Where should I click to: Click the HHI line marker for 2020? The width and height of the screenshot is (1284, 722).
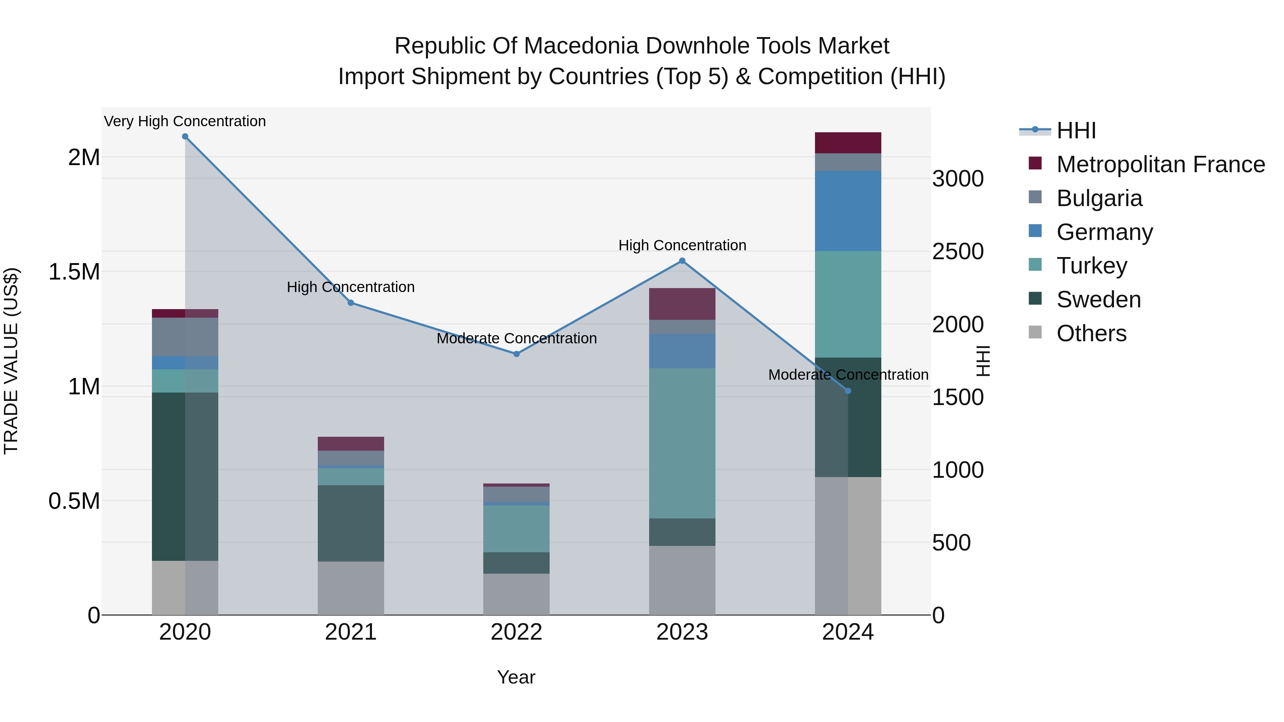185,137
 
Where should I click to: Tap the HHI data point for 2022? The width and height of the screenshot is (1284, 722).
516,354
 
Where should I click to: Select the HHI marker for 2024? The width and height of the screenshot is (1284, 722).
848,391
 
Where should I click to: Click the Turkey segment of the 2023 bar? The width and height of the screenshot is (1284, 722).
682,444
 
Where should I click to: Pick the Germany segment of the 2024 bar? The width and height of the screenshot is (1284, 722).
848,211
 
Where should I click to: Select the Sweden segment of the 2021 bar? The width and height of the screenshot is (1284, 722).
351,523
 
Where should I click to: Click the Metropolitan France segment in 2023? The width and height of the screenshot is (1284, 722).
682,304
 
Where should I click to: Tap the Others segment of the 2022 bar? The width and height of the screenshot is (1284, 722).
516,594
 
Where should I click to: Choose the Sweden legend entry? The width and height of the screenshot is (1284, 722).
1098,299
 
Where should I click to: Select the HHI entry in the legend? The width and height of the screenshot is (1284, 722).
1076,130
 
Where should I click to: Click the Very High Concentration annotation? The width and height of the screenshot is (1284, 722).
185,121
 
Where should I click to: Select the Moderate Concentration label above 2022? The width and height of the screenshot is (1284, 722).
516,338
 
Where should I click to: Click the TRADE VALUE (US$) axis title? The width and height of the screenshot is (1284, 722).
11,361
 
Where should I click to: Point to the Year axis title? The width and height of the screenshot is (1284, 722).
516,677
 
